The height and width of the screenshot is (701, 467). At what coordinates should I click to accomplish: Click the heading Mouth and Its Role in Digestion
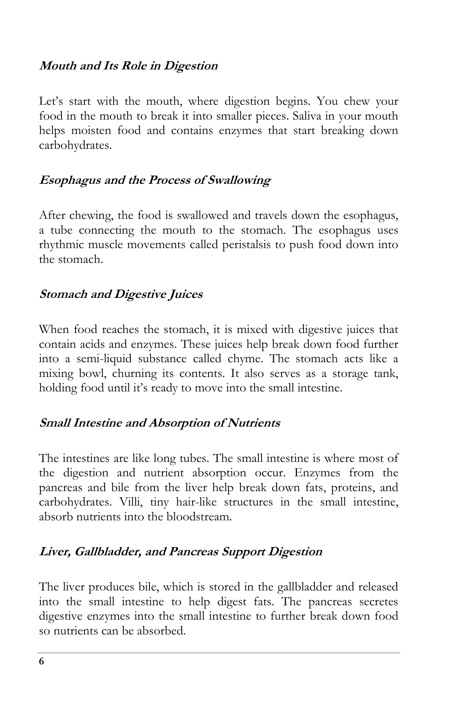(x=128, y=65)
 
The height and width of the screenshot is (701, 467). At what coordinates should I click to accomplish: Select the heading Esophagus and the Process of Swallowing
(x=155, y=180)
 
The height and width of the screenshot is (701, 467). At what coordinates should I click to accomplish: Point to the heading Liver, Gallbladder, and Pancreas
(x=181, y=551)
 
